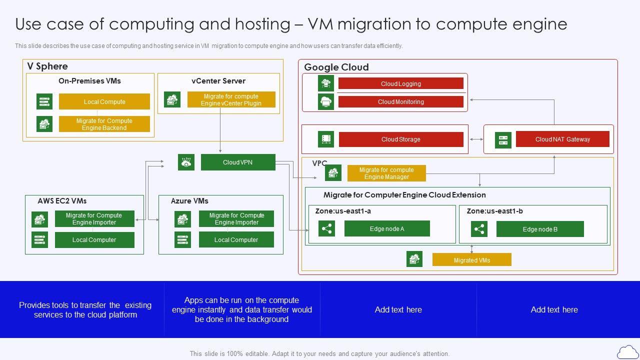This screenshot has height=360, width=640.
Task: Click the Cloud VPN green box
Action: [238, 162]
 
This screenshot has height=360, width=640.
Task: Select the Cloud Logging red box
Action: [400, 83]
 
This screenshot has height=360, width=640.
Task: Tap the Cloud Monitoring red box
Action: [400, 101]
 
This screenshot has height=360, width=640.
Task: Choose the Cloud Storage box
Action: [400, 139]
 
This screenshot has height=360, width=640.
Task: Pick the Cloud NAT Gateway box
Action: [562, 139]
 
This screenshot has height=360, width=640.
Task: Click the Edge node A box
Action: [387, 228]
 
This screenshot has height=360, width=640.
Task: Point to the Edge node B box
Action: [540, 229]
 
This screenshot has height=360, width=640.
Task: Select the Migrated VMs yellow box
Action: [471, 260]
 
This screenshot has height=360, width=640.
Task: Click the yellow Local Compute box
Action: [104, 101]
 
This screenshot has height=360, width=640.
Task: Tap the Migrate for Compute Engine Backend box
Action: [104, 124]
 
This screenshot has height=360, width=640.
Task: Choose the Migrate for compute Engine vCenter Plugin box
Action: [231, 99]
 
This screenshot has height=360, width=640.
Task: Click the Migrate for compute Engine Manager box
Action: [386, 173]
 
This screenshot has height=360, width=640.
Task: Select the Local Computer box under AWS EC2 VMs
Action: [94, 239]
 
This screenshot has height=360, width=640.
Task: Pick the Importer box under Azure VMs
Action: [236, 218]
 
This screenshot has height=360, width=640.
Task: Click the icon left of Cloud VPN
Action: [186, 162]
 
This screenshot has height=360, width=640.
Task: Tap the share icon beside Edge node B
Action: [479, 229]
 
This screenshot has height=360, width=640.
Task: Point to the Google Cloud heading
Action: [336, 67]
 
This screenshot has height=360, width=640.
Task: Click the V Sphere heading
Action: [47, 66]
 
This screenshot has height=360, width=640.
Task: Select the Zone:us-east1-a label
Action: [343, 211]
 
